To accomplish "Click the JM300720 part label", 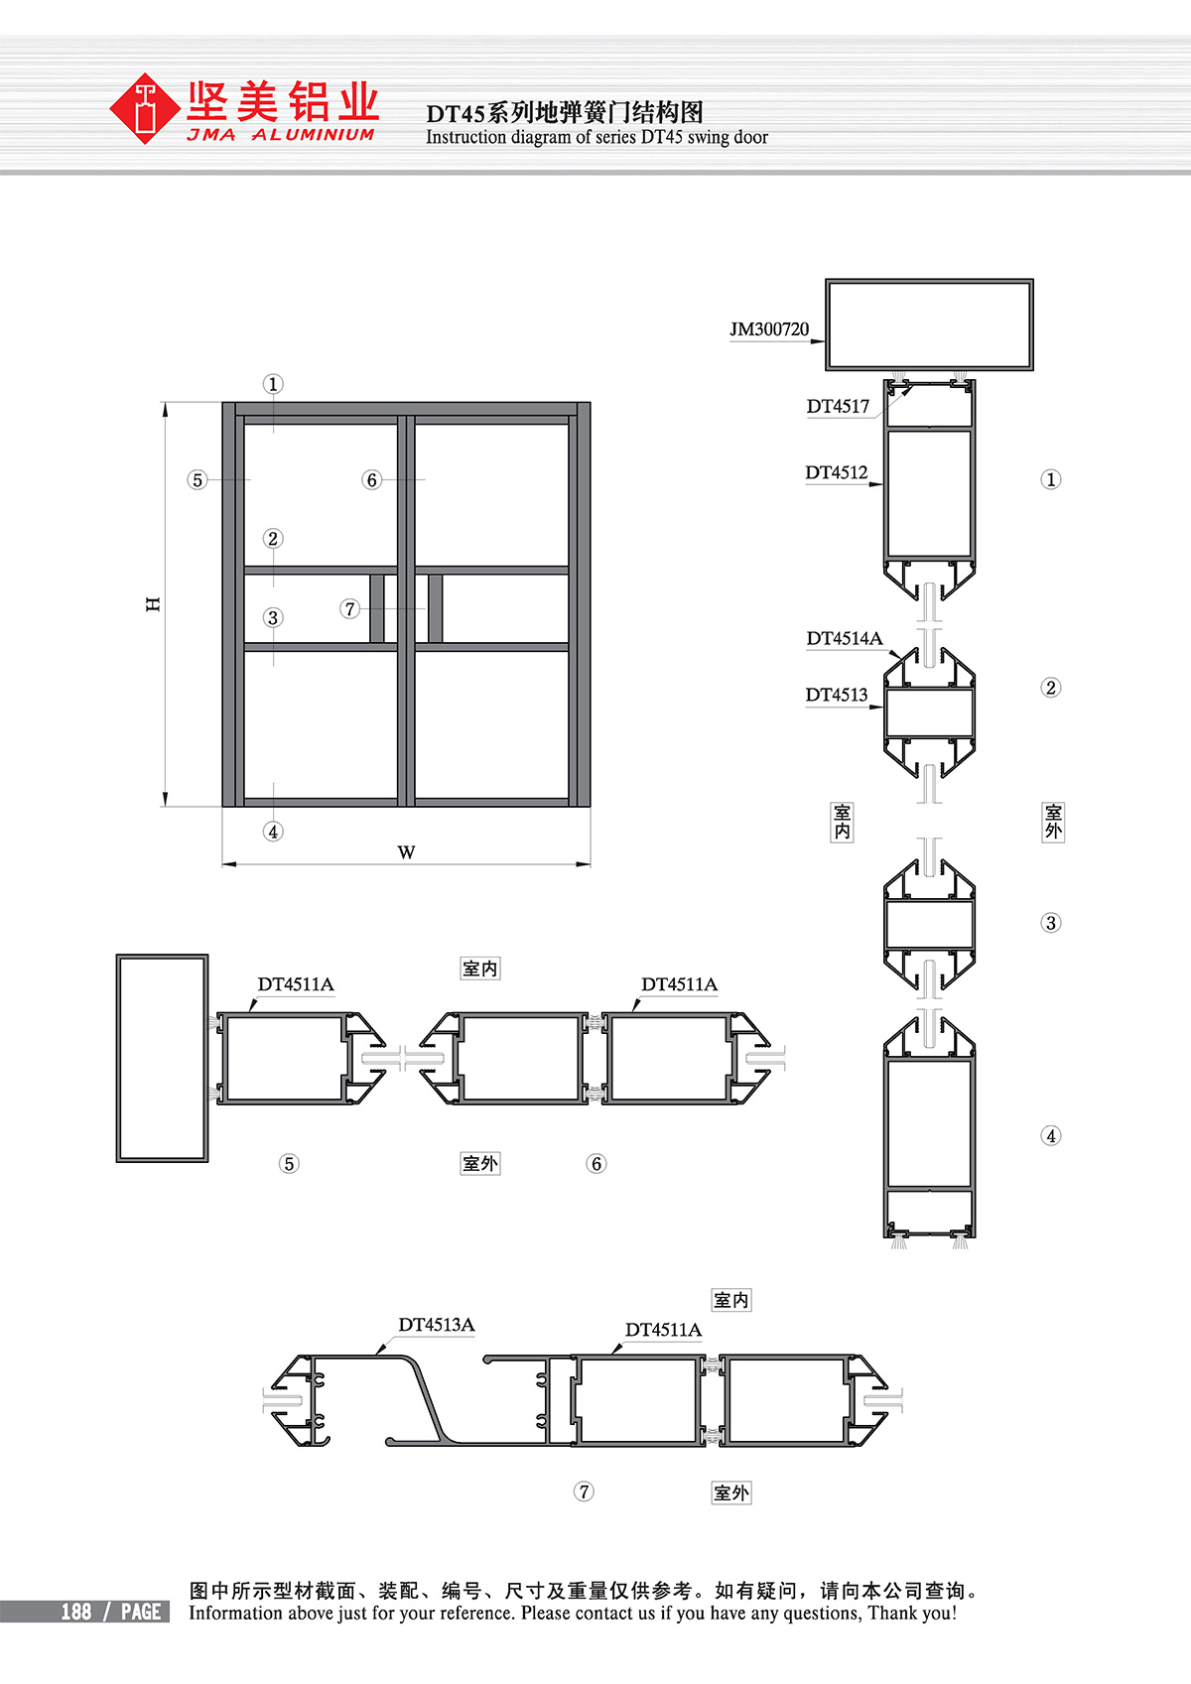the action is click(769, 329).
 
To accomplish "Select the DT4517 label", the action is click(838, 407).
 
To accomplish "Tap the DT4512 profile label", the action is click(836, 473).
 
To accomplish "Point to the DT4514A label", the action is click(845, 639).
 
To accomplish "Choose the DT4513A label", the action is click(436, 1325).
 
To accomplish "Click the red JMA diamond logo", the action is click(144, 108).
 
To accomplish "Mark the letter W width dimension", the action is click(406, 852).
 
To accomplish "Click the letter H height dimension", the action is click(153, 604).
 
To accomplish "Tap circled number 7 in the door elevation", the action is click(349, 608).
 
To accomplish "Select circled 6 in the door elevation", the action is click(371, 479).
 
